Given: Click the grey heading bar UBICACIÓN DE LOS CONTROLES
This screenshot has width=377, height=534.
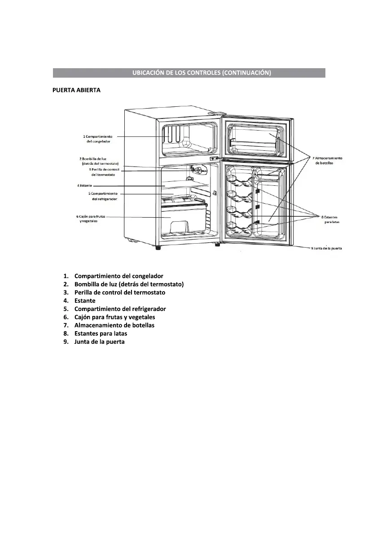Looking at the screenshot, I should point(188,73).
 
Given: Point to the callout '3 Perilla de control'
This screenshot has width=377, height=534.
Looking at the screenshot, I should point(104,172).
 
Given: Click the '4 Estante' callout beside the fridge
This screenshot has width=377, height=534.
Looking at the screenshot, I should point(84,185).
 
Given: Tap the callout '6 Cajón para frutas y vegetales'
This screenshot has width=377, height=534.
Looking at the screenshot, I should point(91,219).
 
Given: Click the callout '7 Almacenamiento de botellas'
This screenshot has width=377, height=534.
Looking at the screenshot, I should point(327,160).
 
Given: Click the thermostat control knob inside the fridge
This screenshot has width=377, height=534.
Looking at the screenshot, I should point(196,169).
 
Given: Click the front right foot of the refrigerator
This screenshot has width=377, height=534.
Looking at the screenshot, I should point(217,245).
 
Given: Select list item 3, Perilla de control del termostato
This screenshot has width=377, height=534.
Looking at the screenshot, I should point(119,293).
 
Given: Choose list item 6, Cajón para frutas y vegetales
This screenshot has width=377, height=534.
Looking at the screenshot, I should point(114,317).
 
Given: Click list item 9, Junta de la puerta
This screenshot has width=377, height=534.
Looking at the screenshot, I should point(99,342).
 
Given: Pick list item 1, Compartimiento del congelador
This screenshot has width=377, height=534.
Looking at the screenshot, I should point(118,276).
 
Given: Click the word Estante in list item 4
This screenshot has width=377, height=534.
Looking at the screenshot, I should point(85,301).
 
